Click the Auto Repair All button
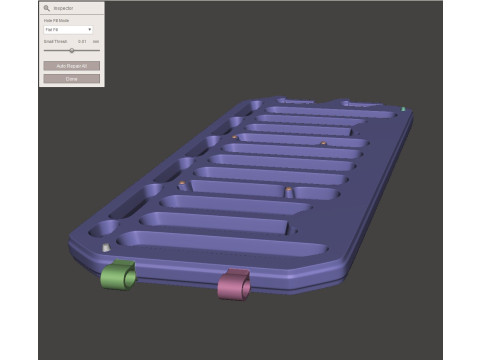71,66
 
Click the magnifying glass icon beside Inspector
47,8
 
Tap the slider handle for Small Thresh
71,50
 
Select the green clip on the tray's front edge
118,274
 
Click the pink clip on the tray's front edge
234,285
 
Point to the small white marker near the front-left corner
105,245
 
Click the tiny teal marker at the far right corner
402,108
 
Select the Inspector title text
63,8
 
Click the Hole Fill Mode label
56,21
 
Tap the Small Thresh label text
55,41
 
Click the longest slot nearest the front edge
220,246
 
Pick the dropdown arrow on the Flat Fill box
89,30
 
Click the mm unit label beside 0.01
96,41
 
